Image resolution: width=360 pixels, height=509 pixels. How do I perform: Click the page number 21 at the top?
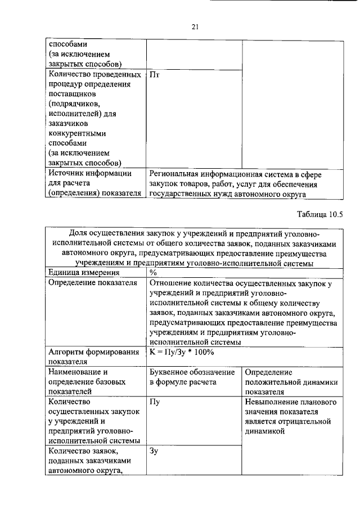[196, 26]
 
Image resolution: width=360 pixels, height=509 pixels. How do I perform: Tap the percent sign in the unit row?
[154, 273]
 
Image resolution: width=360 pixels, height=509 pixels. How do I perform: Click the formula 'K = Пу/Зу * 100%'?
[181, 352]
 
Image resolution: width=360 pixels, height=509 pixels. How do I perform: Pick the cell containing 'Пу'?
[156, 402]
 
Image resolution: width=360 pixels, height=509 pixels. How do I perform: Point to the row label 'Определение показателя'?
[93, 283]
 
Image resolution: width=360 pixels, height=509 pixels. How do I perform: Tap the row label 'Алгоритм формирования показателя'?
[93, 357]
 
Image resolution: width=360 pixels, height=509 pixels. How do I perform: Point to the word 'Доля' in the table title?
[79, 233]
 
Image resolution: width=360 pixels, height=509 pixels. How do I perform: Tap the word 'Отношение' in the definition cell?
[171, 283]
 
